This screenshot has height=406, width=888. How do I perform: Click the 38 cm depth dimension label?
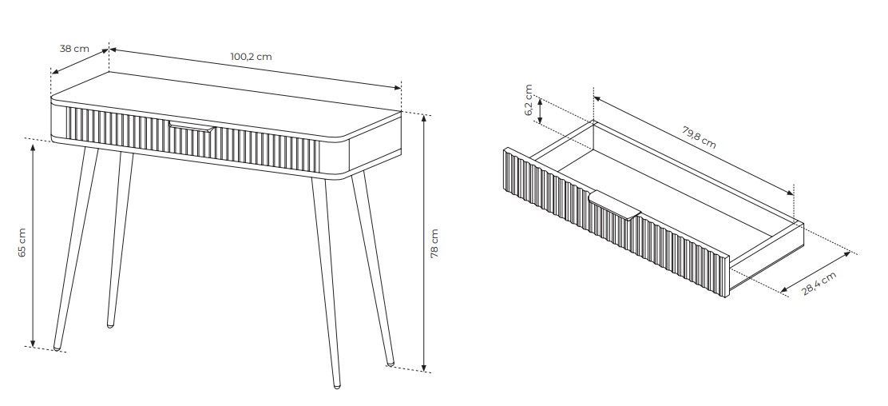click(74, 49)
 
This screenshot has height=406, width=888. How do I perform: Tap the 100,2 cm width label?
click(251, 57)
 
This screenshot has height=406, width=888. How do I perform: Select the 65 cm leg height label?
click(22, 243)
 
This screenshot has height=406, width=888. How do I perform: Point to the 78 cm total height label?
click(434, 243)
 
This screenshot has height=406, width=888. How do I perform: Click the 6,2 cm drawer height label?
click(529, 101)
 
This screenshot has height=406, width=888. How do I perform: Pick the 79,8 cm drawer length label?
click(699, 137)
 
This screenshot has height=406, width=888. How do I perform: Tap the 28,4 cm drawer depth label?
click(819, 284)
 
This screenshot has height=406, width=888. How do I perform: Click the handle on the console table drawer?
click(192, 126)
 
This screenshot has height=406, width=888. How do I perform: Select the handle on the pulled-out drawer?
click(614, 205)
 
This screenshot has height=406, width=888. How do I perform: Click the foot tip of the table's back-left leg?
click(110, 325)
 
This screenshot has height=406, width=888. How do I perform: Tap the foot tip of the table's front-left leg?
click(57, 347)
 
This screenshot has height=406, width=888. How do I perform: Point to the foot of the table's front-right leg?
click(337, 385)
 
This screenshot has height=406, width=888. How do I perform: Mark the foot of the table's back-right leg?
click(390, 362)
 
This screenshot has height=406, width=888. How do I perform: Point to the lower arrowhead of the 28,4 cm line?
click(784, 291)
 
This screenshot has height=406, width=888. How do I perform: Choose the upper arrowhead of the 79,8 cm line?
click(598, 99)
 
